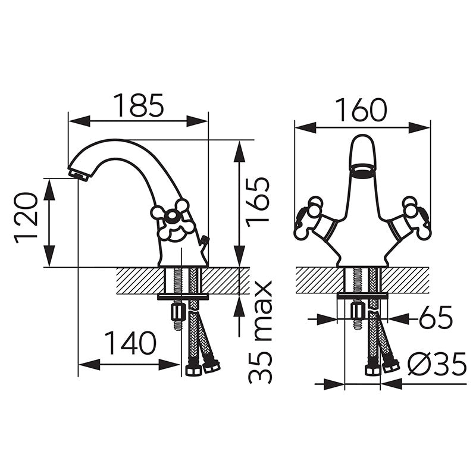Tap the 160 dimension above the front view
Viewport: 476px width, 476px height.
(x=361, y=110)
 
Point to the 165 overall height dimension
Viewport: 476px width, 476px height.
(x=258, y=202)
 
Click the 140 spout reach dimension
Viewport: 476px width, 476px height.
(x=130, y=343)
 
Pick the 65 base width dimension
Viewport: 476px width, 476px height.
(x=436, y=317)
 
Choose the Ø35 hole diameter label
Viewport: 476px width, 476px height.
(x=437, y=364)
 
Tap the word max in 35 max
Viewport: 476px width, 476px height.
(x=260, y=309)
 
